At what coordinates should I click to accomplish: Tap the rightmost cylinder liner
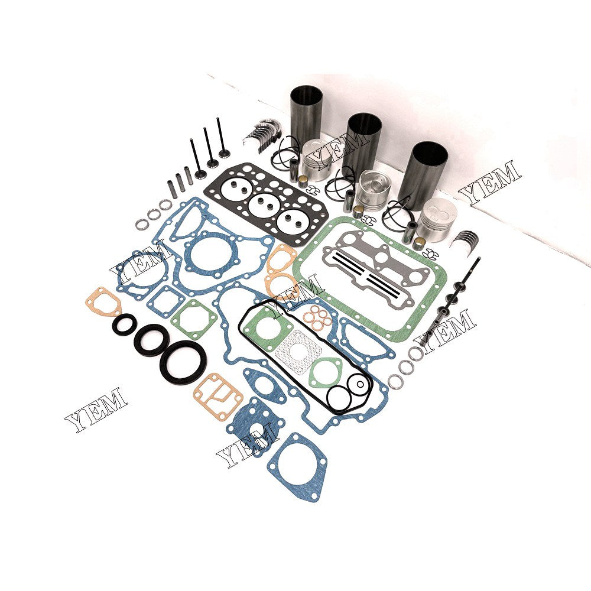click(422, 171)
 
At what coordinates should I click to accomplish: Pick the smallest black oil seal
click(125, 324)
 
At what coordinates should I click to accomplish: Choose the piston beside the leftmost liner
click(318, 160)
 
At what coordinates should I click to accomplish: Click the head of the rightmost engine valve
click(224, 154)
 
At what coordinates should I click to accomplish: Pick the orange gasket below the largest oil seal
click(218, 395)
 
